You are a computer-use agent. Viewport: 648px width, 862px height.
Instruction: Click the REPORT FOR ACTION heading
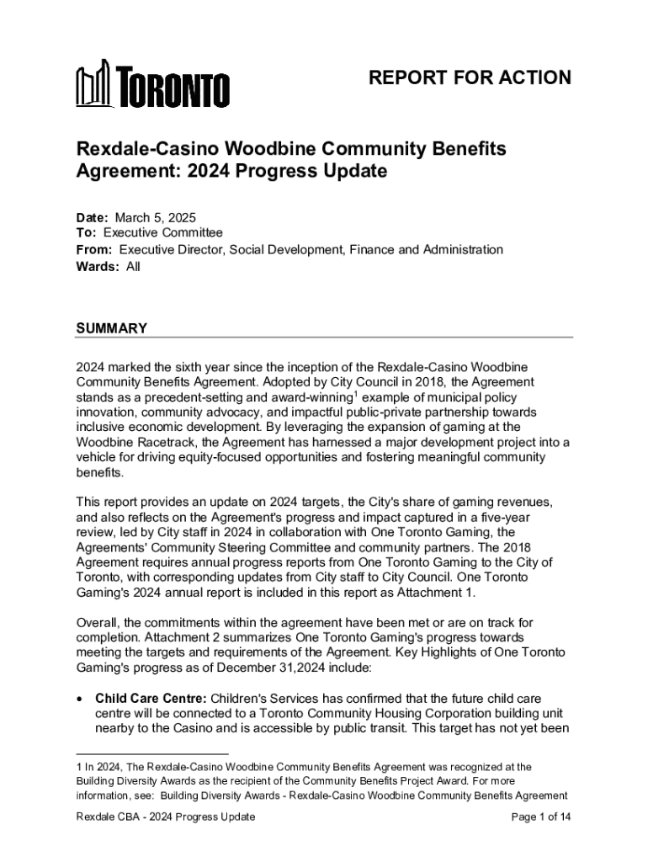tap(470, 78)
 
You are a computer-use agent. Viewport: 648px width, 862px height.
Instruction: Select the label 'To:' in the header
tap(88, 233)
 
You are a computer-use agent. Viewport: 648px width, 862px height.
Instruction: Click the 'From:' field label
tap(95, 250)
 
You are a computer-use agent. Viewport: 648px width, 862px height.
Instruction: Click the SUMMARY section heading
tap(112, 328)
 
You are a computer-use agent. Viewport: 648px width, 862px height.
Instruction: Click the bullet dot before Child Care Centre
tap(80, 698)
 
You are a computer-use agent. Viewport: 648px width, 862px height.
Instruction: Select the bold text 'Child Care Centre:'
tap(151, 698)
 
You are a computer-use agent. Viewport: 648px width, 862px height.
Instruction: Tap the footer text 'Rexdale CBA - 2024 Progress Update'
tap(166, 817)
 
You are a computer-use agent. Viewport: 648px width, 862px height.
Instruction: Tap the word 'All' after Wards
tap(133, 267)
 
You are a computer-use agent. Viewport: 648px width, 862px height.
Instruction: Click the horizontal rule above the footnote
tap(152, 754)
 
